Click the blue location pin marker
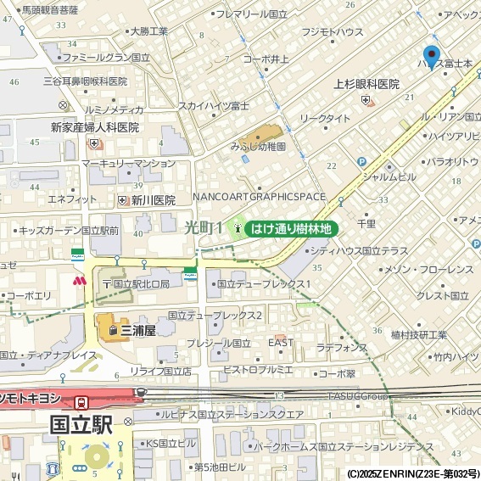(432, 56)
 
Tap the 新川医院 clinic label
(153, 200)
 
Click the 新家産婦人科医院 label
(94, 127)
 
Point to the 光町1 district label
(204, 227)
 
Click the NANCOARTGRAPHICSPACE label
(259, 197)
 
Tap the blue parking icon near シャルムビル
(362, 162)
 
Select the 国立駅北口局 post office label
(141, 283)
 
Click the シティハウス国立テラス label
(359, 251)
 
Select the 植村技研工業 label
(418, 334)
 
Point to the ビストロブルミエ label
(258, 371)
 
